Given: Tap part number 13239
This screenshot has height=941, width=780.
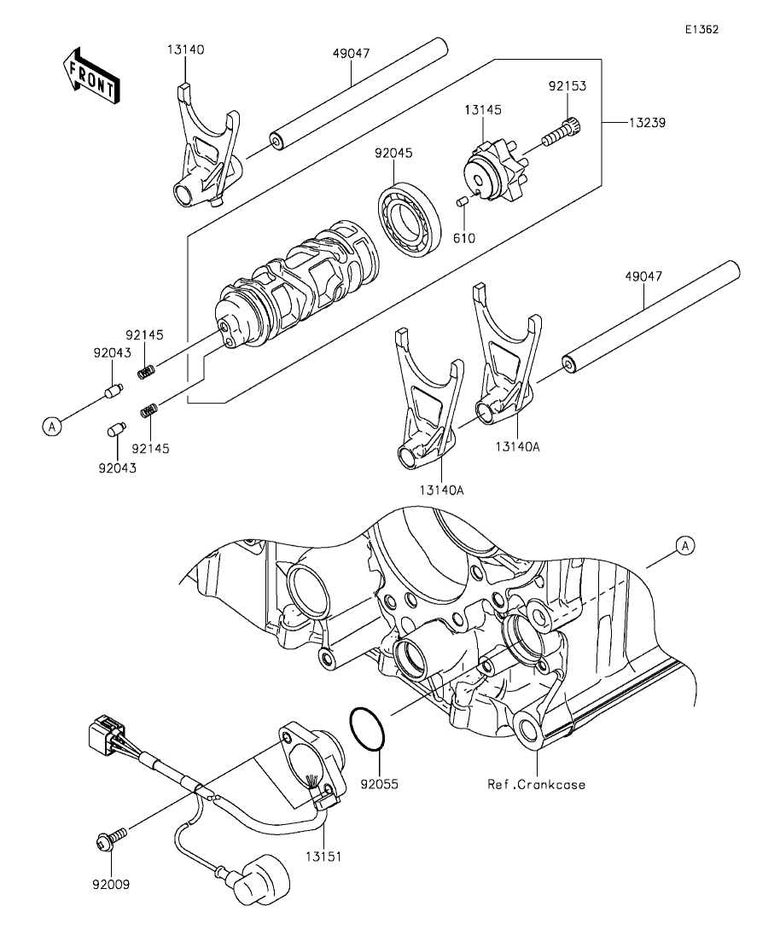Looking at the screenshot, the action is pyautogui.click(x=648, y=123).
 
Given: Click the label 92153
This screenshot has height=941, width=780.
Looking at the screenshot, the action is pyautogui.click(x=567, y=86).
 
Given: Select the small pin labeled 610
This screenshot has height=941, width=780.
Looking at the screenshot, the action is pyautogui.click(x=463, y=200).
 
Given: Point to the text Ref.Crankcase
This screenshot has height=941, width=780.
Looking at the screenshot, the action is pyautogui.click(x=536, y=784).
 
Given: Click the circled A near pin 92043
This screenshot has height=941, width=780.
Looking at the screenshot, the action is pyautogui.click(x=52, y=427).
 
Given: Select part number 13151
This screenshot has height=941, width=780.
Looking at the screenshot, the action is pyautogui.click(x=323, y=857).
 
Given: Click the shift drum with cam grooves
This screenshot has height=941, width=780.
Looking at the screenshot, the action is pyautogui.click(x=297, y=283).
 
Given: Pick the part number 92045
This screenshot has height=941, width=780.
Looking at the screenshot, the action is pyautogui.click(x=393, y=153).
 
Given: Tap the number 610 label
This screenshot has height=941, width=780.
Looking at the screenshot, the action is pyautogui.click(x=463, y=238).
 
